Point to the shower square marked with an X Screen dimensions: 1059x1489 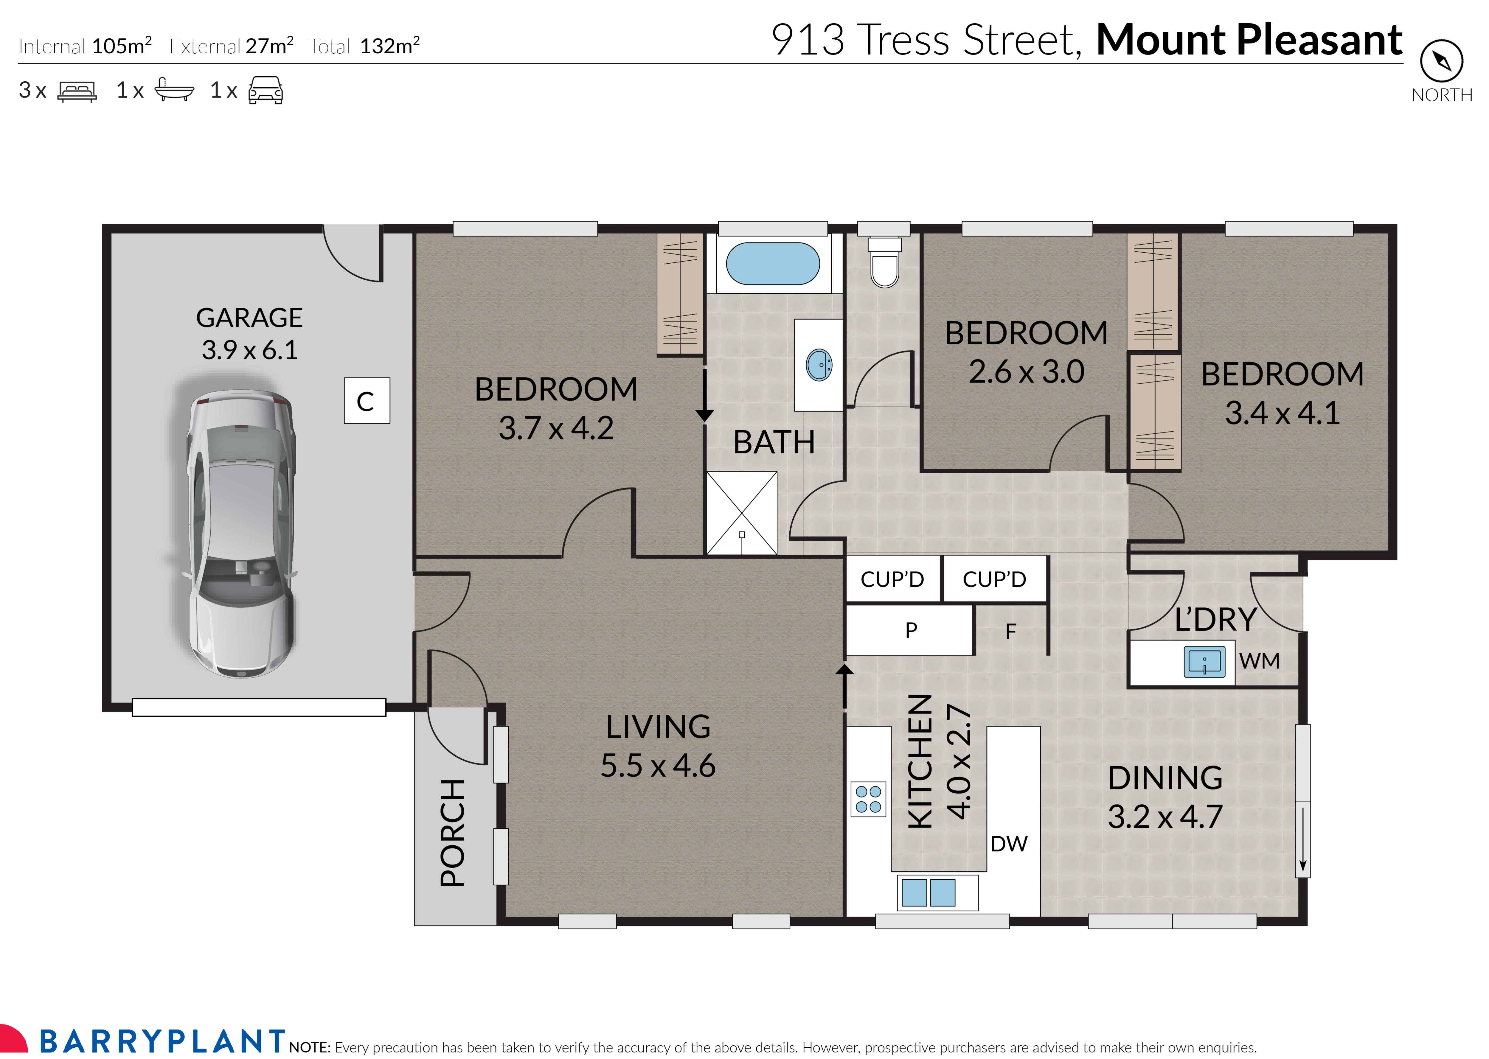tap(742, 513)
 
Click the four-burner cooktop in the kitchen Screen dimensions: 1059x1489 tap(868, 800)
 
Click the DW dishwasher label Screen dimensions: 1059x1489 tap(1008, 844)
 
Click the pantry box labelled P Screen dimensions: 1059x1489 tap(911, 630)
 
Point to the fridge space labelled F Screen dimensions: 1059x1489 tap(1010, 631)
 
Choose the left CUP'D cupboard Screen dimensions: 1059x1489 tap(892, 579)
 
